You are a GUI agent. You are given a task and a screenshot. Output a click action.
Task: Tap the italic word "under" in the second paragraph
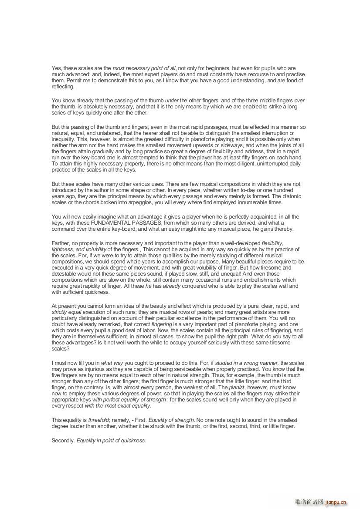(172, 101)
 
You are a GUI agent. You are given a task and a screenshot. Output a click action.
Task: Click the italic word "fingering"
(161, 324)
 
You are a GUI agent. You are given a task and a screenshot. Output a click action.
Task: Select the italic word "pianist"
(238, 387)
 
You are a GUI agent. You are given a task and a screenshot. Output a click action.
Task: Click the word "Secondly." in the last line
(63, 441)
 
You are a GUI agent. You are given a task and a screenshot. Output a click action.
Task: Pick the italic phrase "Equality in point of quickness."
(111, 441)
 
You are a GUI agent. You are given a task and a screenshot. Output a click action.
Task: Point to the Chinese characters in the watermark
(309, 502)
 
